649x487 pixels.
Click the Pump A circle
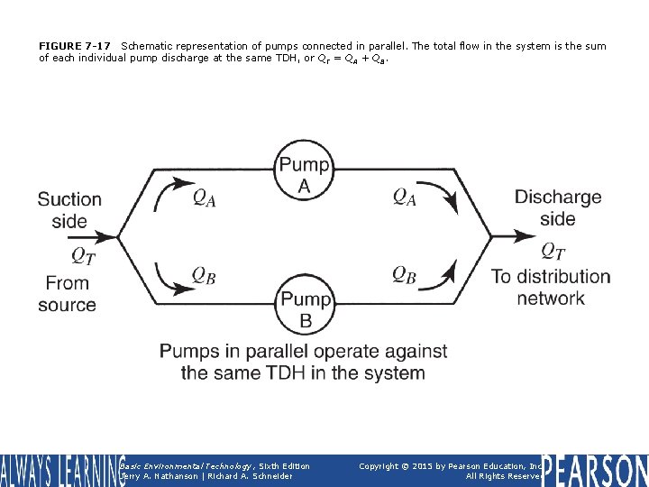(305, 174)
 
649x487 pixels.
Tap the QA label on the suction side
(204, 197)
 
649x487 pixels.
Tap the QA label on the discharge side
(405, 197)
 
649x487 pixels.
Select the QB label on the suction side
(204, 275)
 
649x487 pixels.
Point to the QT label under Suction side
(83, 256)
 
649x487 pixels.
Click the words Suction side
(69, 209)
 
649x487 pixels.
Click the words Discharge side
(557, 207)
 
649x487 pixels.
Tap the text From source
(67, 294)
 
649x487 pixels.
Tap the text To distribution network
(551, 287)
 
